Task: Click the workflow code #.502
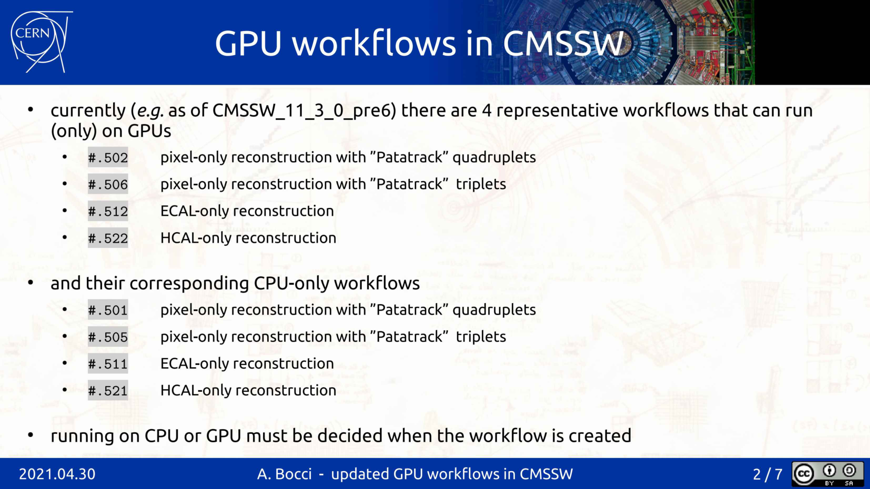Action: [108, 158]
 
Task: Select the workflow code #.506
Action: [108, 184]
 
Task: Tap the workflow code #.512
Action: [108, 211]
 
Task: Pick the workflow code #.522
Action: [108, 238]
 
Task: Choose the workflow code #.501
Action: [108, 310]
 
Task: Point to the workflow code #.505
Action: [108, 337]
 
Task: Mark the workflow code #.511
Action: [108, 364]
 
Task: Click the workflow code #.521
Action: [108, 391]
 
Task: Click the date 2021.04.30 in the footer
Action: [57, 474]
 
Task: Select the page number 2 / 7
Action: [767, 474]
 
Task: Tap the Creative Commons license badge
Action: [827, 474]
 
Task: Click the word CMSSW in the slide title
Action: [563, 43]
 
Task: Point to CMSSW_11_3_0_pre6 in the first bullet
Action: [304, 111]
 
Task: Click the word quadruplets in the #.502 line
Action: [494, 158]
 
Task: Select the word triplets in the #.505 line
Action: [481, 337]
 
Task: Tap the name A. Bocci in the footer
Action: [285, 474]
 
